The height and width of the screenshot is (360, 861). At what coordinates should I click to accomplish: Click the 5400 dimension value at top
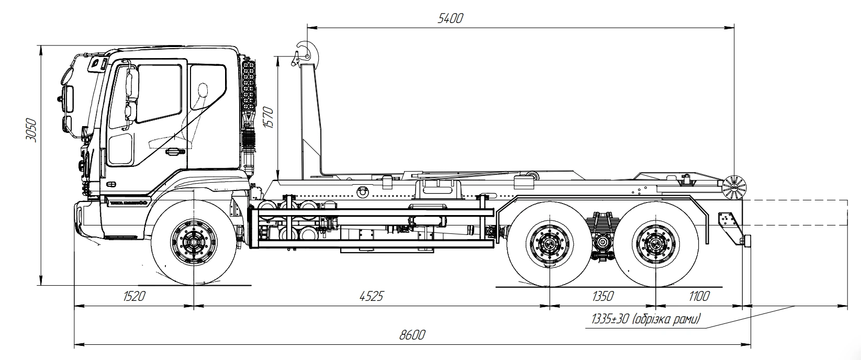pyautogui.click(x=450, y=18)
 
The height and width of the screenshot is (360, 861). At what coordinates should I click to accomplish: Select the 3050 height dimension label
pyautogui.click(x=31, y=131)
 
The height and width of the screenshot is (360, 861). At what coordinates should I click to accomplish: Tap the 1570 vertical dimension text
pyautogui.click(x=269, y=118)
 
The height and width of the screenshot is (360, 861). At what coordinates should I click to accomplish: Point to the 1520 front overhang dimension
pyautogui.click(x=134, y=297)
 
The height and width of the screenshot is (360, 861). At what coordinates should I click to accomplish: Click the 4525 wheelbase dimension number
pyautogui.click(x=372, y=297)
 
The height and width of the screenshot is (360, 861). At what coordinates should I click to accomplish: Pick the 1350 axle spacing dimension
pyautogui.click(x=602, y=297)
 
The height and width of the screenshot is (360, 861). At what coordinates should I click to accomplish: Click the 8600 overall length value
pyautogui.click(x=412, y=335)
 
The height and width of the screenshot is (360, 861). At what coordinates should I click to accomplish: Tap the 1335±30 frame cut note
pyautogui.click(x=645, y=319)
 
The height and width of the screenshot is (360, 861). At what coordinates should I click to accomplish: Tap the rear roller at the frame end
pyautogui.click(x=734, y=187)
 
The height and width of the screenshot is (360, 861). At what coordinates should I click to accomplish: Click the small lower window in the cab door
pyautogui.click(x=120, y=149)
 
